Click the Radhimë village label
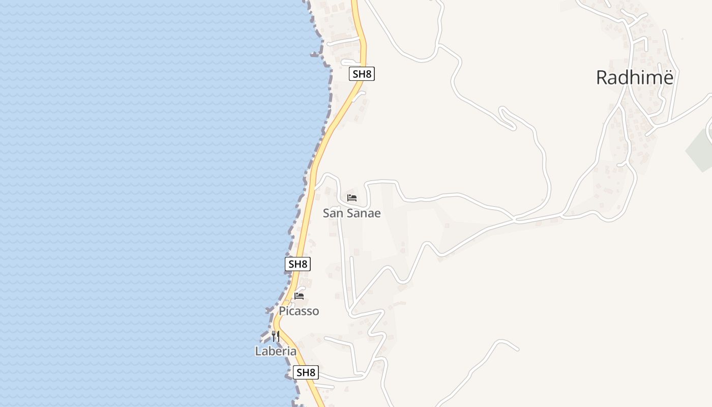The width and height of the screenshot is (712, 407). (634, 78)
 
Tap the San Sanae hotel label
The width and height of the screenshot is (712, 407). (351, 213)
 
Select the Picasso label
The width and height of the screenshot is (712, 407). (299, 311)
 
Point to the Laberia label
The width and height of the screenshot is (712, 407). (275, 351)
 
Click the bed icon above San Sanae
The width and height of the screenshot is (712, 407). (351, 197)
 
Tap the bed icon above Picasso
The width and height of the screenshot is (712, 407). (299, 296)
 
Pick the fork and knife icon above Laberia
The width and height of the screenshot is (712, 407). (275, 336)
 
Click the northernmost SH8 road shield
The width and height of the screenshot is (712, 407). (362, 74)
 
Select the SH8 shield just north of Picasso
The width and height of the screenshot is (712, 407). (298, 264)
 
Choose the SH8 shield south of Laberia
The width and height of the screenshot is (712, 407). (306, 372)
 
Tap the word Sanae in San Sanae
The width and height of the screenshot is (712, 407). (364, 213)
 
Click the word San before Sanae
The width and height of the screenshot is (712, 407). (333, 213)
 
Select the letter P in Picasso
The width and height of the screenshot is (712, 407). (282, 311)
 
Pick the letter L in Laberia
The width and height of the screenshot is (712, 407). (258, 351)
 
